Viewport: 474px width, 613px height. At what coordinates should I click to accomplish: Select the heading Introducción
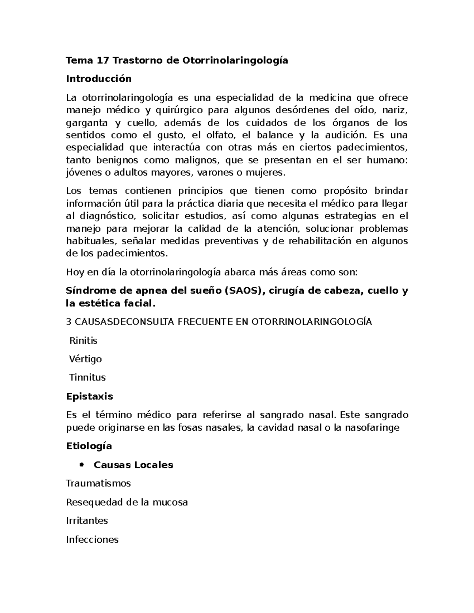pos(98,79)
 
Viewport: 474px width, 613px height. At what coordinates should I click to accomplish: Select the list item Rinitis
pos(83,341)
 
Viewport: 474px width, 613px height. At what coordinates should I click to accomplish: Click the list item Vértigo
pos(85,359)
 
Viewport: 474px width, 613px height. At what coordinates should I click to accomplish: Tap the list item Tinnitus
pos(87,378)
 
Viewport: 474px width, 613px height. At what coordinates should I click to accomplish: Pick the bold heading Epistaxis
pos(89,396)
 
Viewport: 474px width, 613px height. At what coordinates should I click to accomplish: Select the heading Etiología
pos(89,446)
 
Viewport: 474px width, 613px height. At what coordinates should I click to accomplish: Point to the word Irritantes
pos(87,521)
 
